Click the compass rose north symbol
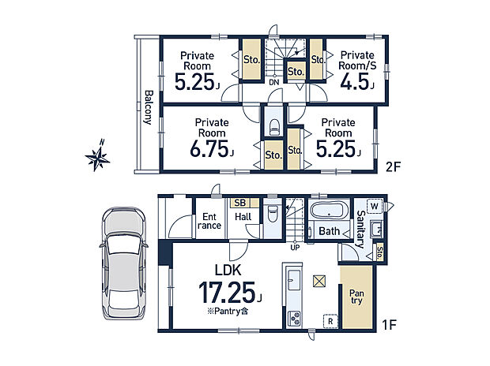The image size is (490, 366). click(x=98, y=156)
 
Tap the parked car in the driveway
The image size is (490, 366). click(x=124, y=263)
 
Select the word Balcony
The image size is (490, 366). click(x=149, y=107)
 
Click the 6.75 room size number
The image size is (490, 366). click(x=210, y=149)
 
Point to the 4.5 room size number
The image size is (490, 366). click(x=355, y=82)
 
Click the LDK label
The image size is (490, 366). click(x=228, y=271)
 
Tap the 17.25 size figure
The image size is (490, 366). click(x=227, y=293)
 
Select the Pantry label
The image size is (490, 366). click(x=356, y=297)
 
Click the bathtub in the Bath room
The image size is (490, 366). click(x=330, y=210)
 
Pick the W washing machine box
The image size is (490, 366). click(x=375, y=206)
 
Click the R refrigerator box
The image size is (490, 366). click(x=330, y=321)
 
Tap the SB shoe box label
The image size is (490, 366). click(x=240, y=203)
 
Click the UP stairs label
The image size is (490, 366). click(x=295, y=248)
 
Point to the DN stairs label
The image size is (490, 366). click(x=274, y=83)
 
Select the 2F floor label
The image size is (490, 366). click(x=393, y=167)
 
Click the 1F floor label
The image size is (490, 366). click(x=390, y=325)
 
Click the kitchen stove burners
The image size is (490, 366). click(x=294, y=319)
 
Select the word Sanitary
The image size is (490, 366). click(x=361, y=229)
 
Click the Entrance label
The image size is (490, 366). click(x=209, y=221)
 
